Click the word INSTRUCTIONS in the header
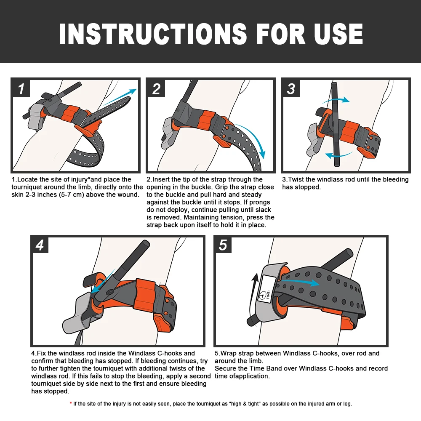tap(153, 34)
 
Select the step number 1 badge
tap(21, 88)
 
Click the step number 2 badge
tap(156, 88)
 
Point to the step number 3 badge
tap(291, 88)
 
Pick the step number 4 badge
tap(40, 245)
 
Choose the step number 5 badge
tap(223, 245)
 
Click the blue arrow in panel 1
tap(120, 97)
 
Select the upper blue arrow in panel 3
tap(336, 100)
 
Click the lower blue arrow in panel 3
tap(339, 155)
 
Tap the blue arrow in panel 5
tap(299, 282)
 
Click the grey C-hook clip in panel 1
tap(36, 117)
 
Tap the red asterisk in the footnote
tap(71, 403)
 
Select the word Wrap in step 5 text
tap(229, 353)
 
